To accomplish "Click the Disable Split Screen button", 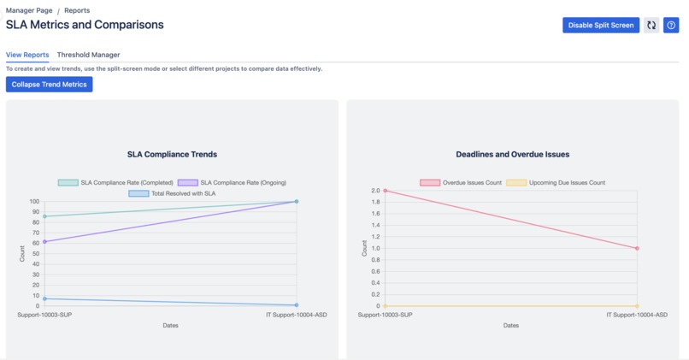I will tap(601, 26).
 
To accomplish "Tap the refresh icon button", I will tap(651, 26).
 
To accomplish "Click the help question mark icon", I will tap(671, 26).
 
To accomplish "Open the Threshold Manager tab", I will tap(88, 55).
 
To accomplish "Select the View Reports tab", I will tap(27, 55).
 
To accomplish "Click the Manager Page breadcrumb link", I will tap(29, 11).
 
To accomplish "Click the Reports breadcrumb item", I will tap(77, 11).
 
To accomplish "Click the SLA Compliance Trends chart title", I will tap(172, 155).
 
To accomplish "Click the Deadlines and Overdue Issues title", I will tap(512, 155).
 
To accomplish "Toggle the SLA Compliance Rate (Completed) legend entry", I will tap(115, 182).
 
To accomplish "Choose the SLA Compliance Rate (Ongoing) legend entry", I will tap(232, 182).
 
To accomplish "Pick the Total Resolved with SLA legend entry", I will tap(172, 193).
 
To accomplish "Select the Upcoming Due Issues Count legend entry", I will tap(556, 182).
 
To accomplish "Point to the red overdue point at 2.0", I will tap(386, 191).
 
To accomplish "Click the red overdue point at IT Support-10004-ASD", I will tap(638, 249).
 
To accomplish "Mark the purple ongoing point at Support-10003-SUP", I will tap(44, 242).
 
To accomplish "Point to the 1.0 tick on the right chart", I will tap(375, 249).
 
